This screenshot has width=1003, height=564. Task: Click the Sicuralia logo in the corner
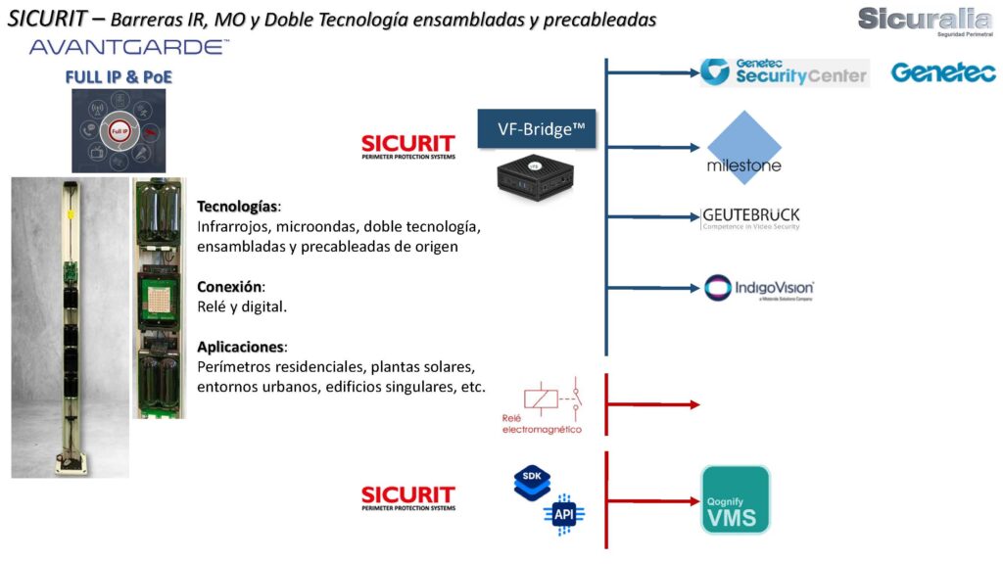click(x=924, y=20)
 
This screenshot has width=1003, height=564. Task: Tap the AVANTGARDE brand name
click(x=129, y=46)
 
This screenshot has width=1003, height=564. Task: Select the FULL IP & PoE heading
click(x=119, y=75)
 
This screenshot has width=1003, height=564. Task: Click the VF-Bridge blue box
click(x=537, y=128)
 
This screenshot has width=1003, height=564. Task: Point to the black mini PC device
click(x=535, y=175)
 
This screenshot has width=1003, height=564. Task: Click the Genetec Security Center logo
click(x=785, y=71)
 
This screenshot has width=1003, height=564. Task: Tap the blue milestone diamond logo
click(x=744, y=147)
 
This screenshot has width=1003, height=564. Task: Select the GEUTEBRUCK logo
click(x=750, y=217)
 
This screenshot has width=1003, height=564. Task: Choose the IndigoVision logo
click(x=759, y=288)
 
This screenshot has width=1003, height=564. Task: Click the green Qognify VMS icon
click(x=736, y=500)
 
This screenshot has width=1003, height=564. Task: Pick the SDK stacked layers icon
click(x=533, y=483)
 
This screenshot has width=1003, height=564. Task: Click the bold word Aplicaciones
click(x=241, y=348)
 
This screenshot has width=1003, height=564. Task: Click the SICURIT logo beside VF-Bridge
click(x=407, y=146)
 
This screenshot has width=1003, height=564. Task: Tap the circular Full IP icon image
click(x=119, y=130)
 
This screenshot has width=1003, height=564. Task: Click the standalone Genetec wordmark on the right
click(x=943, y=72)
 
